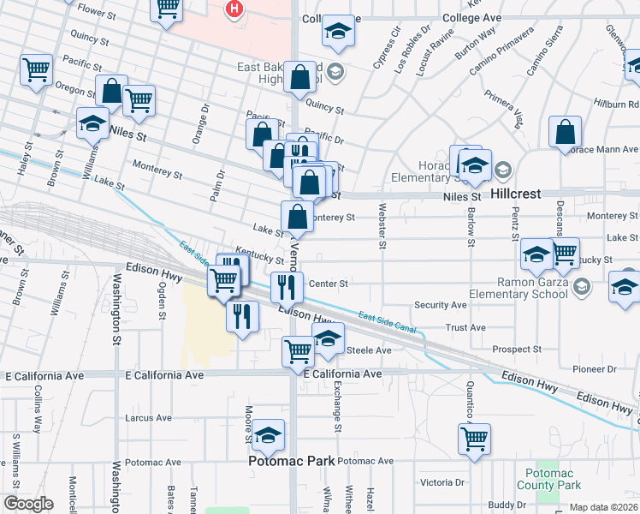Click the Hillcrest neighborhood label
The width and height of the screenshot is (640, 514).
point(517,194)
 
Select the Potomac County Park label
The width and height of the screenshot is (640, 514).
point(553,479)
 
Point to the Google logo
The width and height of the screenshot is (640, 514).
point(27,504)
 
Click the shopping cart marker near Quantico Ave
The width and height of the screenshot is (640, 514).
point(474,439)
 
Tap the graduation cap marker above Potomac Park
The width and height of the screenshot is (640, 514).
point(268,435)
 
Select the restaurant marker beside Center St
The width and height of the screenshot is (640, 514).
point(287,287)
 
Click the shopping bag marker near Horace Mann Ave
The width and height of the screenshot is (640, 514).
point(565,132)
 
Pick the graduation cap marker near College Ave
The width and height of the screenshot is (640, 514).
point(338,32)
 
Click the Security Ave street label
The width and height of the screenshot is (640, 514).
point(441,304)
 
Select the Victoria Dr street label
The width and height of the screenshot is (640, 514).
point(442,481)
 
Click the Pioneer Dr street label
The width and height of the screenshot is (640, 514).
point(595,369)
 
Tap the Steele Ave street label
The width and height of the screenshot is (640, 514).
point(368,350)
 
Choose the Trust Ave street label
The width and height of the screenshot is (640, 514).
point(465,327)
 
